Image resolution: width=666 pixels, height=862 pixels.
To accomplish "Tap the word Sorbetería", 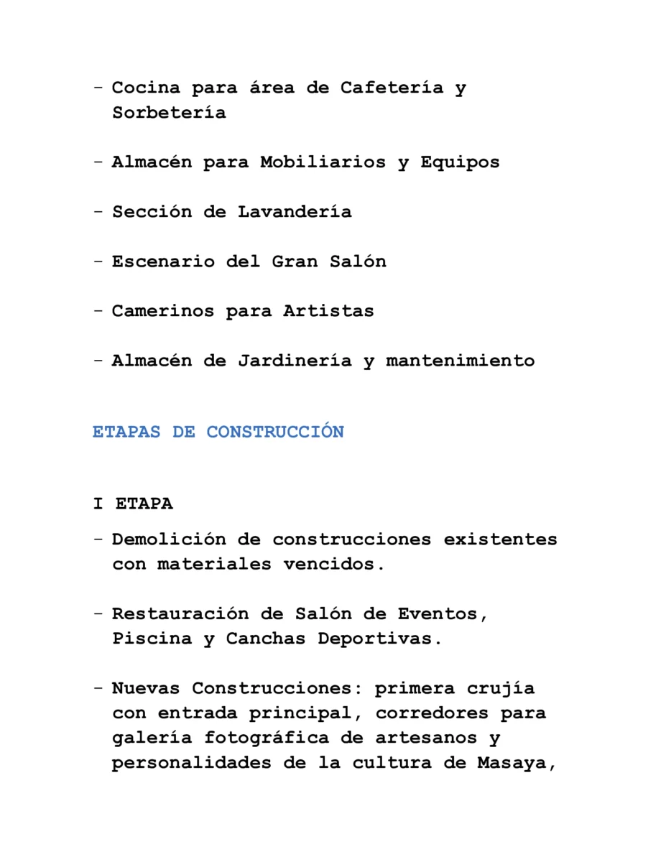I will (169, 113).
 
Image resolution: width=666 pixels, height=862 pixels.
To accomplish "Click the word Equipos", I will (460, 162).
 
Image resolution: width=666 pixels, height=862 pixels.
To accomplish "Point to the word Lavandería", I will (295, 212).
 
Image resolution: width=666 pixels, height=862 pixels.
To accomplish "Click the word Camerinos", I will (162, 311).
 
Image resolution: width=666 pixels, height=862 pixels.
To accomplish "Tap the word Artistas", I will (328, 311).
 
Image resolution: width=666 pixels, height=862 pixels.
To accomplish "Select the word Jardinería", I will (295, 361).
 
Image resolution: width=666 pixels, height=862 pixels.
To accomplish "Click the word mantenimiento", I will (460, 361).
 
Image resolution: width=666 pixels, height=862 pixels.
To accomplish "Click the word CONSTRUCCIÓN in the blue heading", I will (275, 432).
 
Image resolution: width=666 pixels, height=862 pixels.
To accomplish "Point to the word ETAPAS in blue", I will (126, 432).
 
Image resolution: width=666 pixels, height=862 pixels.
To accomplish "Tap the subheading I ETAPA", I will (133, 504).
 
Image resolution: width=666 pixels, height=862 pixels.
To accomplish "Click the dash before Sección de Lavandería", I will (98, 212).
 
